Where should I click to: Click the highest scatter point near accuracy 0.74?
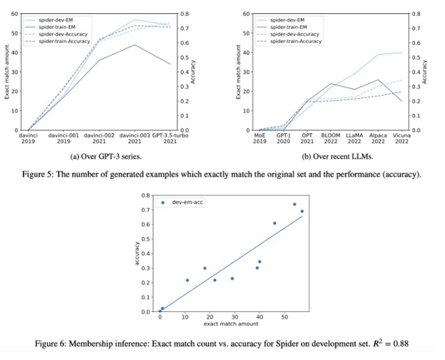[x=294, y=204]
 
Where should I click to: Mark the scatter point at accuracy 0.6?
[x=275, y=223]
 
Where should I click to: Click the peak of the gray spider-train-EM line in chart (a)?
[x=134, y=45]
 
